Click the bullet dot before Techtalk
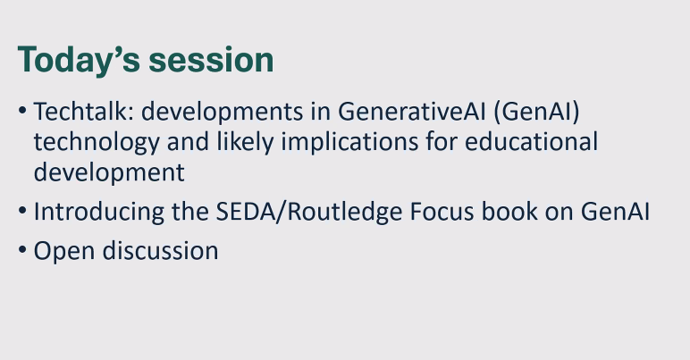coord(22,113)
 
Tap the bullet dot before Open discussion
coord(22,252)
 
